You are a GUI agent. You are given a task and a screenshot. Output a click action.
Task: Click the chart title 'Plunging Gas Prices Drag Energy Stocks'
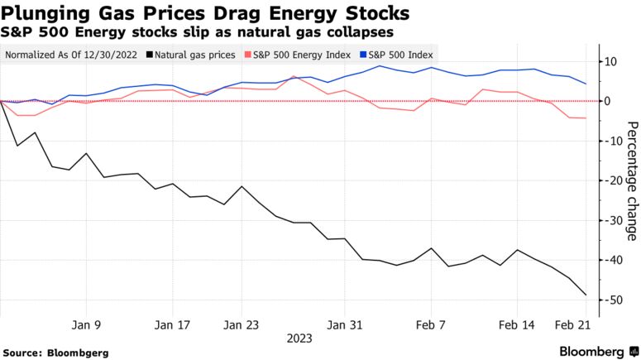click(206, 13)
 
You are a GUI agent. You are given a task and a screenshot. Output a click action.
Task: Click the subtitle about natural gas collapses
click(198, 31)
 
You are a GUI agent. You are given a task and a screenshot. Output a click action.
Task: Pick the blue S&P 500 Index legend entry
click(395, 55)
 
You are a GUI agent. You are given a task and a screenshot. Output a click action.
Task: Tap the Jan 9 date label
click(87, 324)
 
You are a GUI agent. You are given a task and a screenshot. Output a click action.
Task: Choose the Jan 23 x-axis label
click(241, 324)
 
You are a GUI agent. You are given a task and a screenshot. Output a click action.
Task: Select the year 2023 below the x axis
click(299, 338)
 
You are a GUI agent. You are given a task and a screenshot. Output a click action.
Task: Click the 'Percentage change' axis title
click(631, 181)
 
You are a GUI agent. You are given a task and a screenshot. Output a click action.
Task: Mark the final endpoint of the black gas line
click(586, 295)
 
